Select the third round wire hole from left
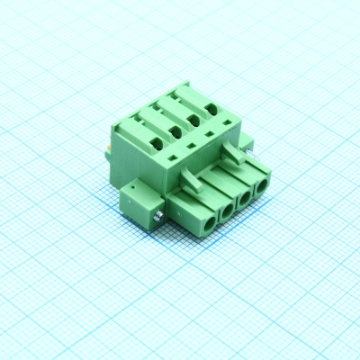pos(243,200)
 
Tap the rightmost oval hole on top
pos(211,110)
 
